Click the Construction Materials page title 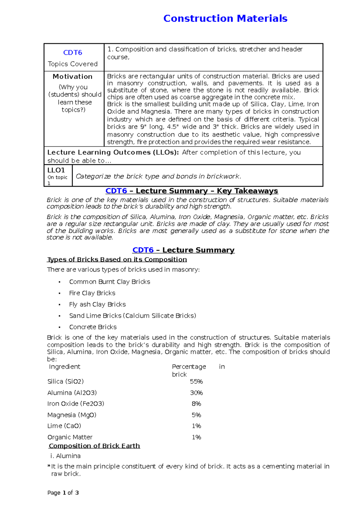(x=225, y=19)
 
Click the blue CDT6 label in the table (x=73, y=53)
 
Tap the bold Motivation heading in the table (x=73, y=76)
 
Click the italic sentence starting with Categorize (x=158, y=176)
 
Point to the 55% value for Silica (x=196, y=382)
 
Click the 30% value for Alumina (x=196, y=393)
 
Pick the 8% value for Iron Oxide (x=196, y=404)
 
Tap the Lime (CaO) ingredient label (x=64, y=426)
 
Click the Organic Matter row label (x=70, y=437)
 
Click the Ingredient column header (x=64, y=367)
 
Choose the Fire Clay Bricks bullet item (x=92, y=293)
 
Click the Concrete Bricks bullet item (x=93, y=327)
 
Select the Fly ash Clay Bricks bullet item (x=97, y=304)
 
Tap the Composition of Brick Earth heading (x=94, y=446)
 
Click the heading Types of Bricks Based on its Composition (x=117, y=259)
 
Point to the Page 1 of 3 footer (x=63, y=493)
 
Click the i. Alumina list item (x=65, y=456)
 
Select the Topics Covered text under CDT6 (x=73, y=64)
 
